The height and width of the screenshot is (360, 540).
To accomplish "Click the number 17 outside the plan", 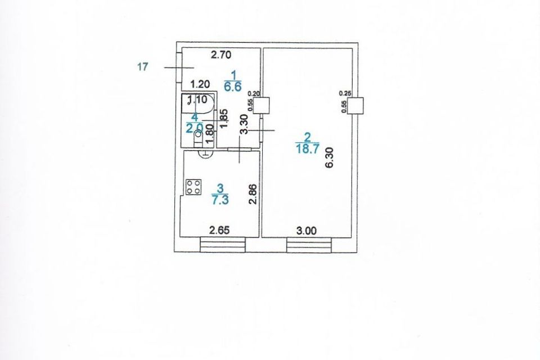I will pyautogui.click(x=142, y=67).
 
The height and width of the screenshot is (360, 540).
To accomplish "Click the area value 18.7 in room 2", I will pyautogui.click(x=307, y=148).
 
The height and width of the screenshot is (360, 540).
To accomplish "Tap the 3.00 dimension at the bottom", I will pyautogui.click(x=308, y=229).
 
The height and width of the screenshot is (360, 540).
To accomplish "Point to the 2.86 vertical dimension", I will pyautogui.click(x=253, y=194).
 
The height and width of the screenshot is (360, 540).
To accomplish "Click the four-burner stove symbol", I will pyautogui.click(x=194, y=187).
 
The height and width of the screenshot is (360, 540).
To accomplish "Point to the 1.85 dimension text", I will pyautogui.click(x=223, y=119).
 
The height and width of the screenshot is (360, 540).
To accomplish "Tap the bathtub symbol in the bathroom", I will pyautogui.click(x=197, y=105).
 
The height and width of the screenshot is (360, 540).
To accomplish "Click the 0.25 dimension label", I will pyautogui.click(x=345, y=93).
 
